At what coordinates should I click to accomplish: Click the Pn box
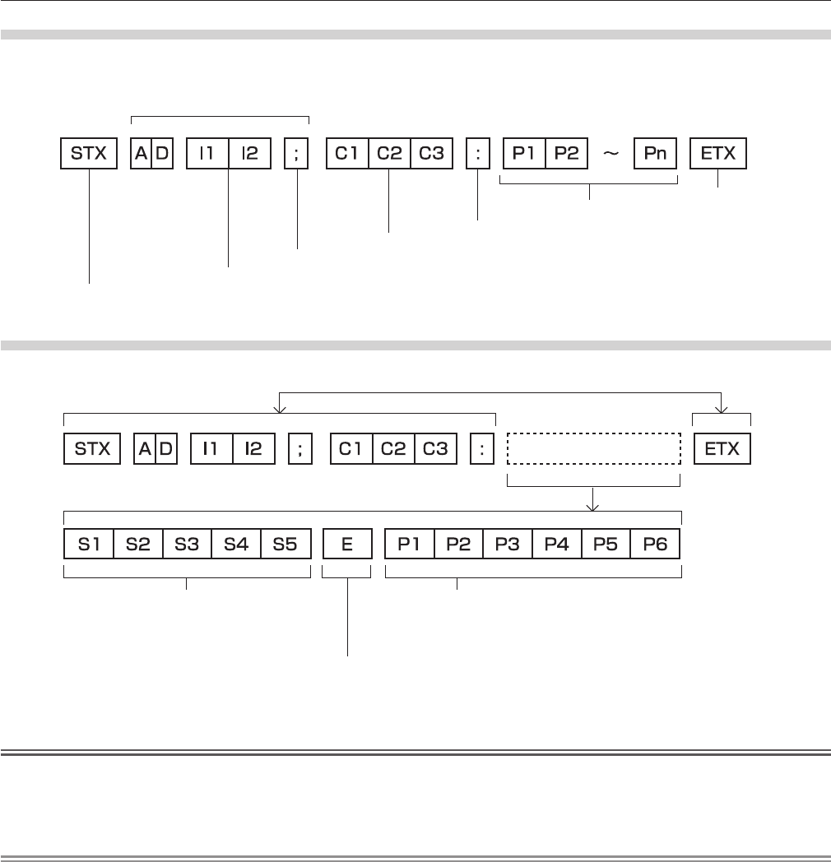tap(654, 155)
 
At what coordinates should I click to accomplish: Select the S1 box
tap(89, 545)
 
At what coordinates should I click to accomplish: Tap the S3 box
tap(187, 545)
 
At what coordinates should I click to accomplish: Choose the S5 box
tap(285, 545)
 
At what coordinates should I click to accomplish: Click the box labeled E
tap(347, 545)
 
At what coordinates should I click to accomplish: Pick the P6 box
tap(656, 545)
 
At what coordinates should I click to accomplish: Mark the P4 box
tap(557, 545)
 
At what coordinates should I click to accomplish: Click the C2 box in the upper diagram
tap(389, 155)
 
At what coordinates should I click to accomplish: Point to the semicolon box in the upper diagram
tap(296, 155)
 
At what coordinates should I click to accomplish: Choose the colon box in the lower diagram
tap(482, 449)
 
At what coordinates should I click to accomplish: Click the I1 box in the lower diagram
tap(211, 449)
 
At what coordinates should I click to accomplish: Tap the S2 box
tap(137, 545)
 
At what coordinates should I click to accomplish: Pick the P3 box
tap(508, 545)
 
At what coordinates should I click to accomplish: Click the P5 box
tap(606, 545)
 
